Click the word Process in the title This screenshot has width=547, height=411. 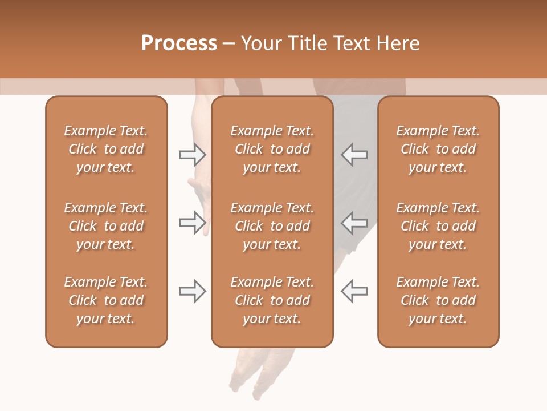tap(179, 43)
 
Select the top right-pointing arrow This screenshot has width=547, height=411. tap(193, 155)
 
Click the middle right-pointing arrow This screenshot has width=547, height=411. tap(193, 223)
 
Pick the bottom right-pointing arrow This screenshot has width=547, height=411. tap(193, 291)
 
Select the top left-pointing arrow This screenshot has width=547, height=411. tap(354, 155)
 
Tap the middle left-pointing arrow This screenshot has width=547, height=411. tap(354, 223)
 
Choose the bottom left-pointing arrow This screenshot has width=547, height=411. tap(354, 291)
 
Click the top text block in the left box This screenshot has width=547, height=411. tap(106, 149)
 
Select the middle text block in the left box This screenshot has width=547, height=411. tap(106, 226)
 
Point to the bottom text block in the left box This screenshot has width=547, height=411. tap(106, 300)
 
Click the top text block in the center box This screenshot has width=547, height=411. tap(272, 149)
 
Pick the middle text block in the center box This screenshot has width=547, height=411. tap(272, 226)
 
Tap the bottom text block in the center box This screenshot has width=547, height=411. tap(272, 300)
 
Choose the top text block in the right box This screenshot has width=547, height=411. tap(438, 149)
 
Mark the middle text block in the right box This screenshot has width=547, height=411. tap(438, 226)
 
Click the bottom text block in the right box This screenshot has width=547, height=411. tap(438, 300)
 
